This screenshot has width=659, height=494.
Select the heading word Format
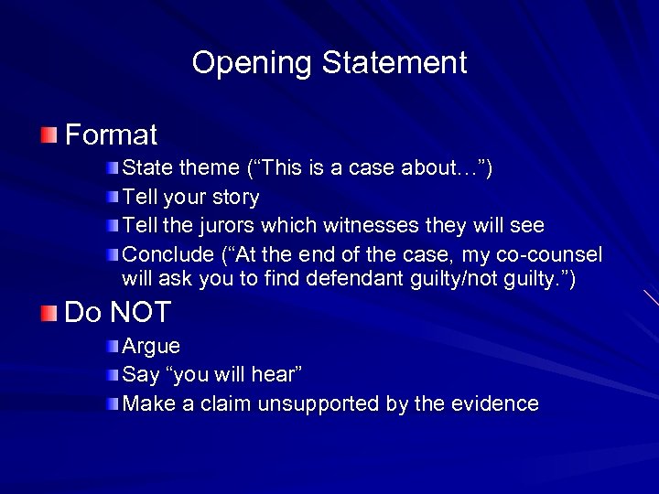coord(112,136)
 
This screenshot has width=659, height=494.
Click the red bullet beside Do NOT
coord(49,314)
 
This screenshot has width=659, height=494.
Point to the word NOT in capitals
coord(140,313)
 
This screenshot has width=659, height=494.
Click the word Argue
coord(151,348)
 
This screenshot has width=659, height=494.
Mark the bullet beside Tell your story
coord(112,197)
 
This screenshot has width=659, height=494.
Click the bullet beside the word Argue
coord(112,347)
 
